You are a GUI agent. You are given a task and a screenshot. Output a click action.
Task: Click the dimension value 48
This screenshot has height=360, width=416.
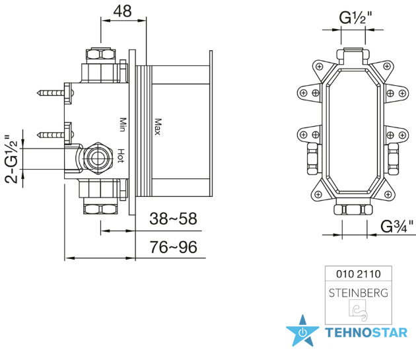coord(122,11)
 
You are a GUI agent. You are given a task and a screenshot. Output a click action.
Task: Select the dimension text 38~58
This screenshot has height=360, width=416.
coord(173,219)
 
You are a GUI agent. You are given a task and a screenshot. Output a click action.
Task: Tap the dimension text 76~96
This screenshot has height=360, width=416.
coord(174,247)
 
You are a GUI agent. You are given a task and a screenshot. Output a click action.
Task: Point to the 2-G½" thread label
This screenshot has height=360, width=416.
coord(11,159)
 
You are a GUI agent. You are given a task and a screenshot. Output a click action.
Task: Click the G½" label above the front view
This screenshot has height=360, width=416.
coord(355,18)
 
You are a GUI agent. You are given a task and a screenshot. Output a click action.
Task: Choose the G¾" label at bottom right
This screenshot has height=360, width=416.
coord(397,227)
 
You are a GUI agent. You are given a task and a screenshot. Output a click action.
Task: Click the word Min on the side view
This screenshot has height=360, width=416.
coord(122,124)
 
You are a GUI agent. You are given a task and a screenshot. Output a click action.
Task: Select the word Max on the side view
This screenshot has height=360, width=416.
coord(158,127)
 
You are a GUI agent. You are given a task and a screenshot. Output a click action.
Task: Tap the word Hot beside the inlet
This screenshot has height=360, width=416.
coord(121,156)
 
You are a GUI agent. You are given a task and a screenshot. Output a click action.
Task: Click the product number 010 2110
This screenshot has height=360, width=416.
coord(359,273)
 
